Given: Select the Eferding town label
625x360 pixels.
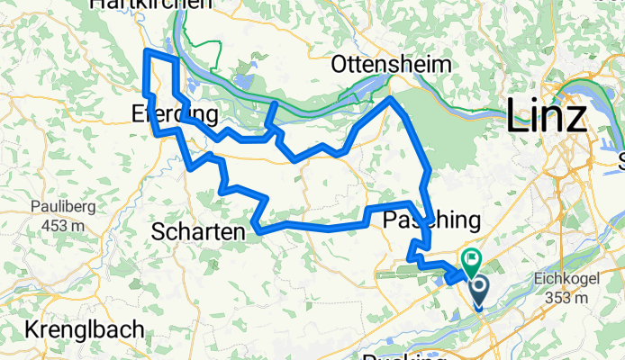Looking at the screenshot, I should coord(175,115).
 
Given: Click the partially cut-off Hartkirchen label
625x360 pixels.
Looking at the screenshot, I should coord(150,4).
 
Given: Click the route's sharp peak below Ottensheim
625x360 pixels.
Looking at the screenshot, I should coord(390,99).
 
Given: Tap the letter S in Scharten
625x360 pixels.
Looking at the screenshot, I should coord(159,232).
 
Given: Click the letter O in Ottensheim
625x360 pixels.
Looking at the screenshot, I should coord(339,65).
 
